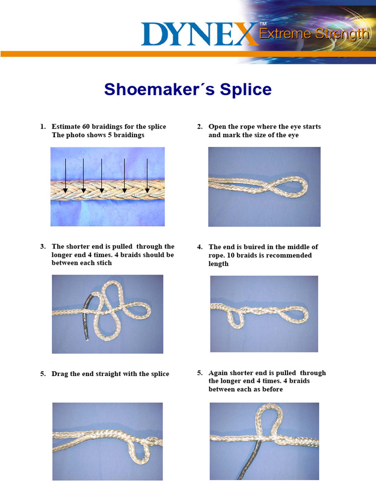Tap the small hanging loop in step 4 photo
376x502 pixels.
click(236, 319)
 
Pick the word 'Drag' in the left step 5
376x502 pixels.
click(60, 374)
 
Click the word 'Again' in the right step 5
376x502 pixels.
click(218, 373)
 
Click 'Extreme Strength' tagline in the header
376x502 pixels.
click(313, 34)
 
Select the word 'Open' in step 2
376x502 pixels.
click(217, 127)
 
